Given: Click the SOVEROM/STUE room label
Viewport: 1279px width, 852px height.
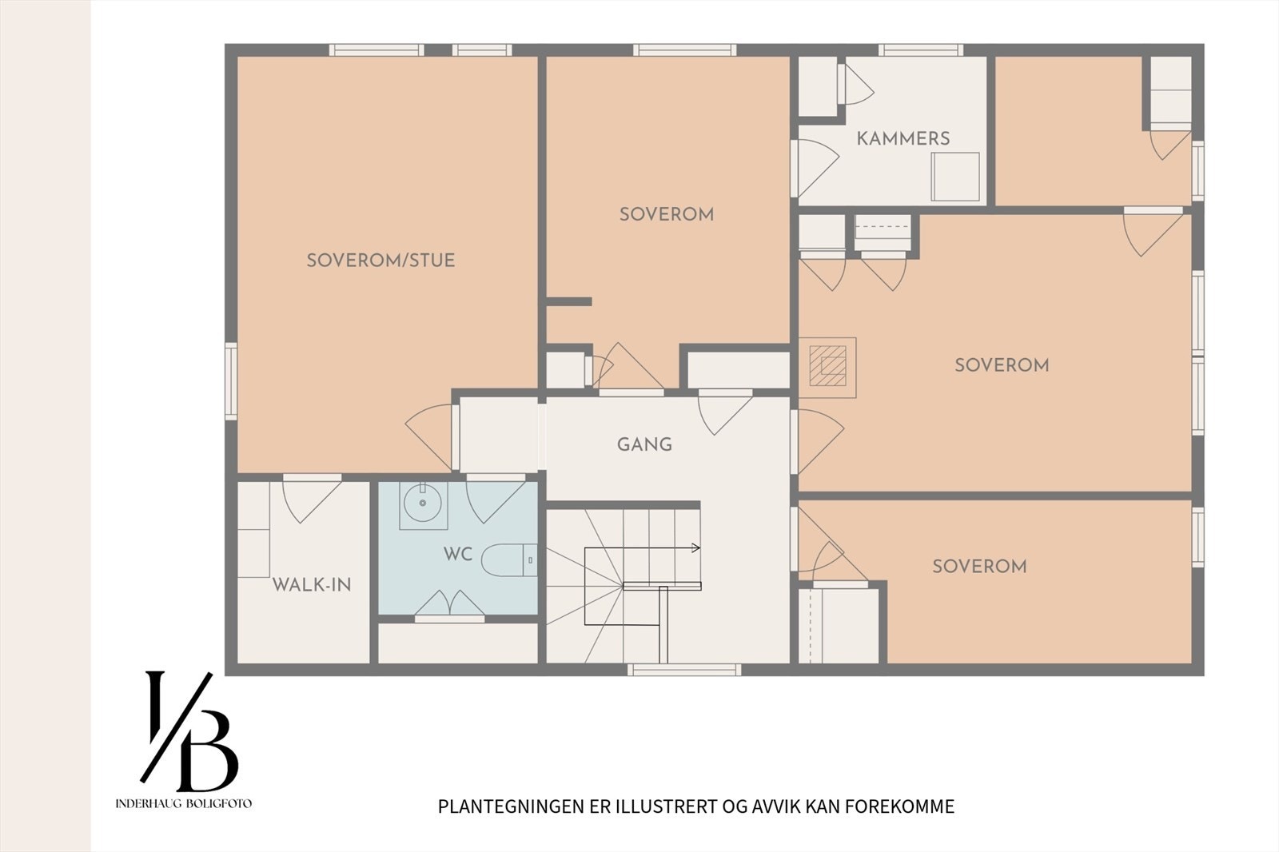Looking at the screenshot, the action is pos(381,261).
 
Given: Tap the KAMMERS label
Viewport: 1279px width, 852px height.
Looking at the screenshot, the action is pos(903,138).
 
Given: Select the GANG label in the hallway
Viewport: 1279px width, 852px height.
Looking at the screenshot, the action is pos(644,444).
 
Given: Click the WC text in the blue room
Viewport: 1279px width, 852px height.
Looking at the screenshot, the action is pos(458,554).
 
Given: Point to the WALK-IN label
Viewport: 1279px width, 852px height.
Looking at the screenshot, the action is pos(312,585).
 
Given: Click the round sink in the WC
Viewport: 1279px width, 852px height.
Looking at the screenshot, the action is pos(423,503).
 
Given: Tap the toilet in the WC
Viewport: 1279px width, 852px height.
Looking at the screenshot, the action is pos(508,560).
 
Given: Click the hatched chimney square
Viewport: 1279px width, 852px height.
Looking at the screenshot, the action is pos(827,365).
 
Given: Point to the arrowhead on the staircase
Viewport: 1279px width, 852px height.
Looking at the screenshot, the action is pos(696,548).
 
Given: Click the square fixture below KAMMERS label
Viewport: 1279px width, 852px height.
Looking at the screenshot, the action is pos(955,177).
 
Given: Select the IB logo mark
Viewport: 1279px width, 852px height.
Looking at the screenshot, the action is pos(189,731).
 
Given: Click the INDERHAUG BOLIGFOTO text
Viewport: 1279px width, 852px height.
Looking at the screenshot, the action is pos(183,803).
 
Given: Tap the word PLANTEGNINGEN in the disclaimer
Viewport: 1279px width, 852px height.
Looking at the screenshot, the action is pos(512,806).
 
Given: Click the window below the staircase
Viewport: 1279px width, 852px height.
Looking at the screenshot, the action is pos(684,669).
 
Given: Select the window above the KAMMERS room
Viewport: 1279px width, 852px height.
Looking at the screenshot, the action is pos(920,50).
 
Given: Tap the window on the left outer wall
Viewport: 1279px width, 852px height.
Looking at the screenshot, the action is pos(231,381).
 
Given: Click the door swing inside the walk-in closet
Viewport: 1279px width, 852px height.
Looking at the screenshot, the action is pos(312,499).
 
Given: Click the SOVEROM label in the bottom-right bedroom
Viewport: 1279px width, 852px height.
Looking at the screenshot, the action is pos(980,567).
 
